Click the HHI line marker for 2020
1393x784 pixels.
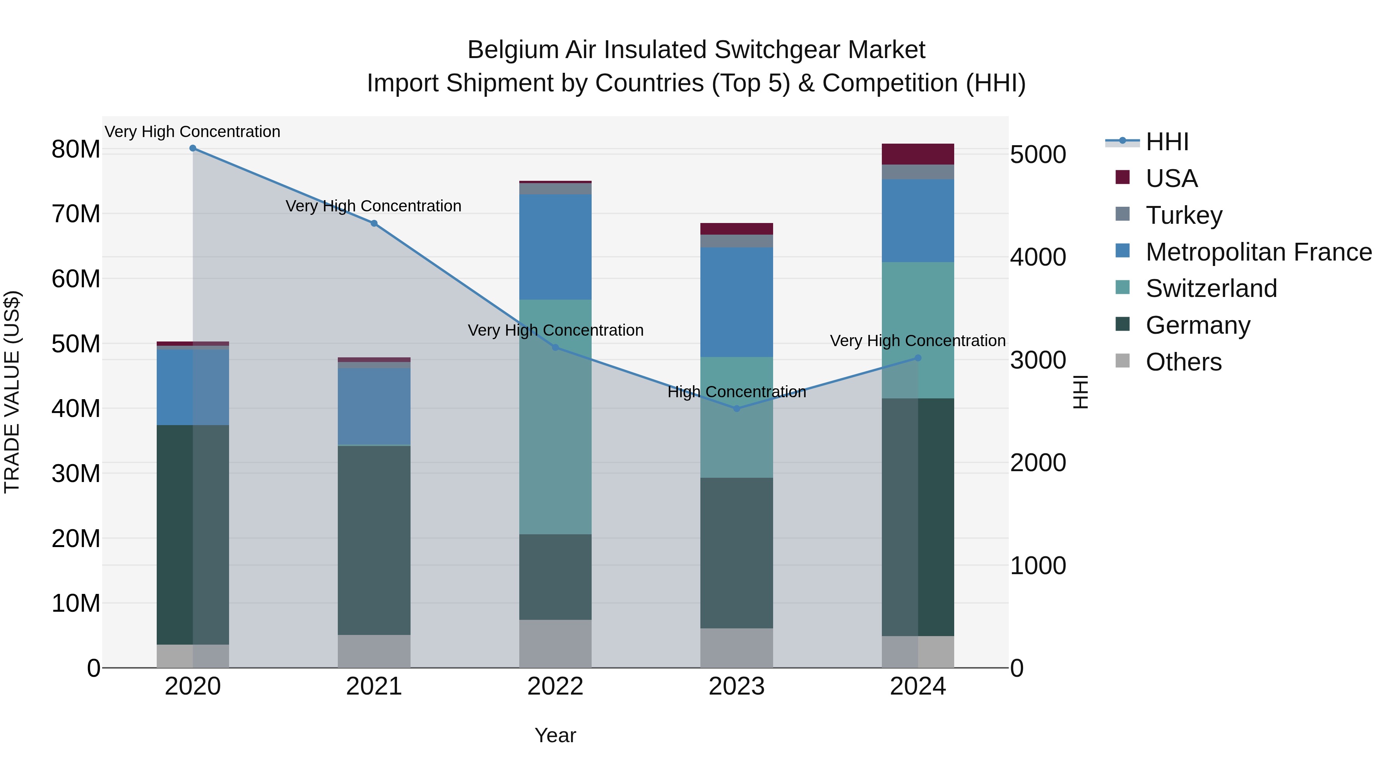point(193,148)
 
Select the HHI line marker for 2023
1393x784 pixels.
point(736,408)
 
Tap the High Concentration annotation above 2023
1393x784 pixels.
point(736,392)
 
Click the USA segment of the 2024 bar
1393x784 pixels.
point(918,154)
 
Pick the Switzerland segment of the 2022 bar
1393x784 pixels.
point(555,417)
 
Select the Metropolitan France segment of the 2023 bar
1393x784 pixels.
point(736,302)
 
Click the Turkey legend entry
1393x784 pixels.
point(1183,215)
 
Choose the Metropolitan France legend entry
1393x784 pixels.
point(1258,252)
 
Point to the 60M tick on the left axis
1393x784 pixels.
point(76,279)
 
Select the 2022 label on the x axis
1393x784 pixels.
point(555,686)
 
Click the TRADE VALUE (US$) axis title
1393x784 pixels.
point(12,392)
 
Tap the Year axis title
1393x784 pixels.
point(555,735)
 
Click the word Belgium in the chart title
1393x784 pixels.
point(513,50)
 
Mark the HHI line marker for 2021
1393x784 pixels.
point(374,223)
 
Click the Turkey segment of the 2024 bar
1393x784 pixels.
point(918,172)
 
